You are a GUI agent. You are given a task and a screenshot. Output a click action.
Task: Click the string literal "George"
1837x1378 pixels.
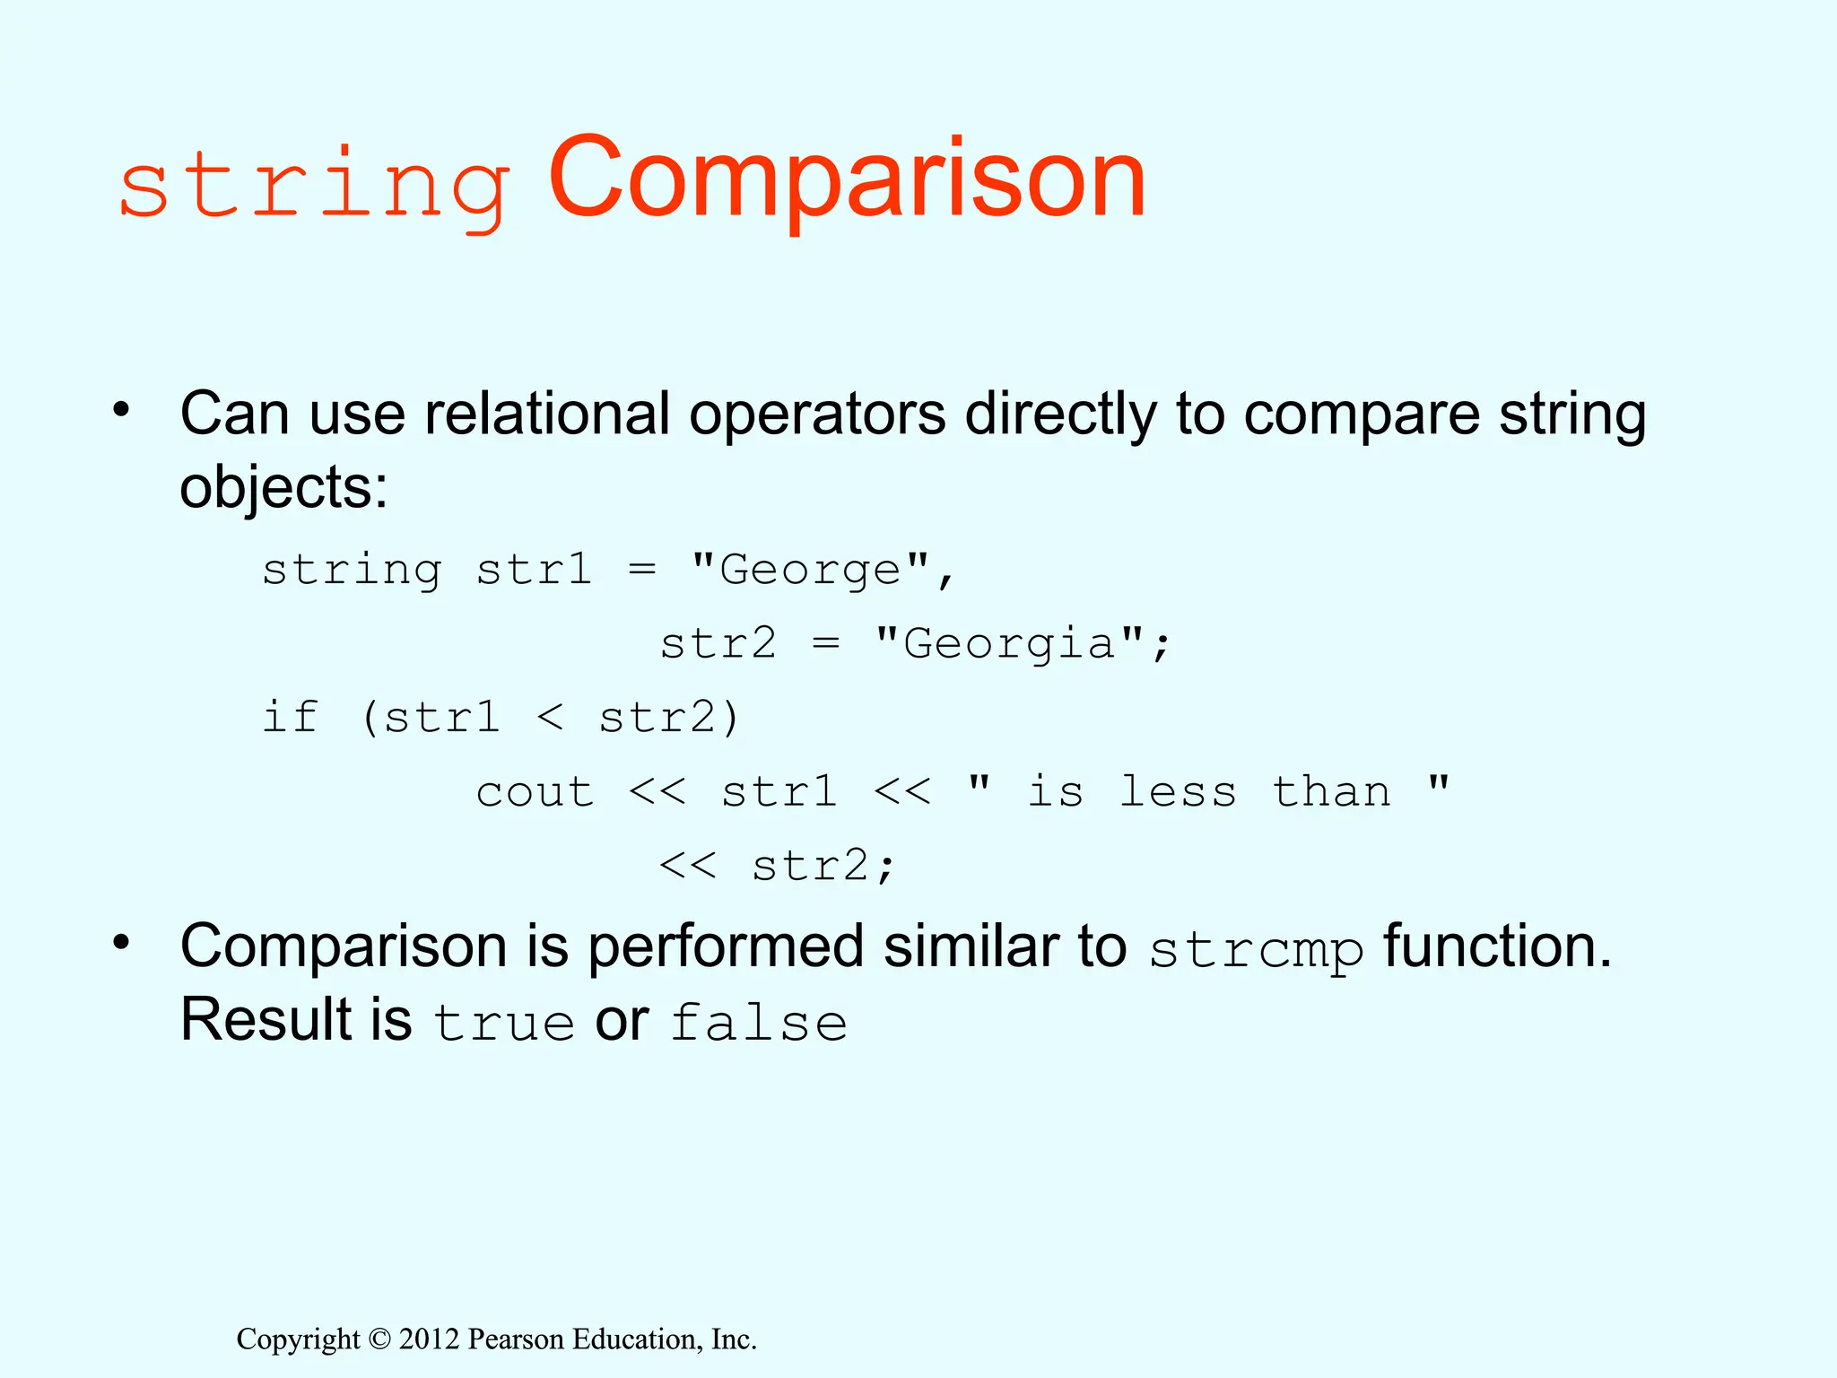pos(811,570)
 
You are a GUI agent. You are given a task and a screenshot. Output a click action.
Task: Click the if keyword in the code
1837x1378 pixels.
pos(290,717)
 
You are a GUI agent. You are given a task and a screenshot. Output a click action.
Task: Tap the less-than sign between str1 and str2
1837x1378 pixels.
pos(550,718)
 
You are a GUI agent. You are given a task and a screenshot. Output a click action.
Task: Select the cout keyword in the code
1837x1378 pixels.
pos(535,792)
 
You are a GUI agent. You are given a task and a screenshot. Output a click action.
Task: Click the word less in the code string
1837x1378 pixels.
pos(1178,791)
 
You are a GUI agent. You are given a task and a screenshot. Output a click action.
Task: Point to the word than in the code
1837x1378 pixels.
pos(1331,791)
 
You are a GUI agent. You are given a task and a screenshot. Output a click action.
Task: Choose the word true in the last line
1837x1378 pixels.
pos(503,1024)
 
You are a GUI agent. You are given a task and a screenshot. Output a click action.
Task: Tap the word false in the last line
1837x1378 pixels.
pos(759,1024)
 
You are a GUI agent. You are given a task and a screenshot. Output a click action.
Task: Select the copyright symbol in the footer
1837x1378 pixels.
pos(379,1339)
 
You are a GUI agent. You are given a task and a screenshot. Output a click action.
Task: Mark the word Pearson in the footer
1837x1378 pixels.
pos(517,1339)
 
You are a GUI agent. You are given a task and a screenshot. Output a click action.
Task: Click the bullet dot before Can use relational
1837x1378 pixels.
pos(122,411)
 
